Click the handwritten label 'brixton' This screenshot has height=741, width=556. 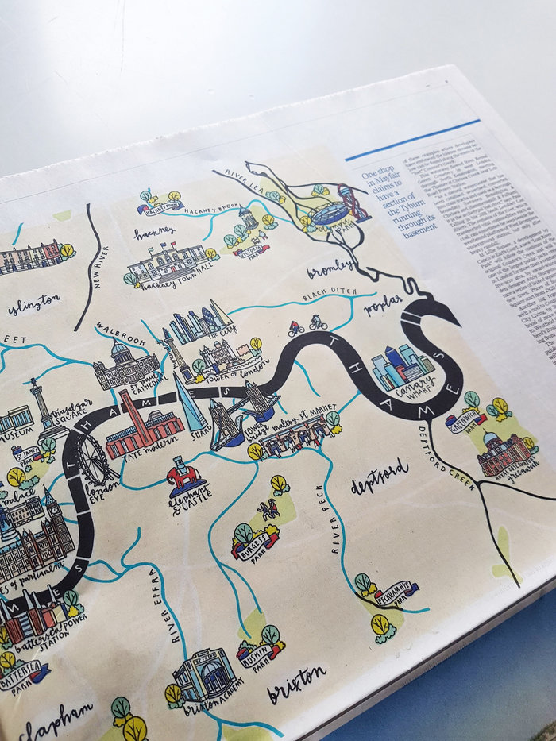point(297,681)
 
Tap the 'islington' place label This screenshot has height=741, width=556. point(33,303)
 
